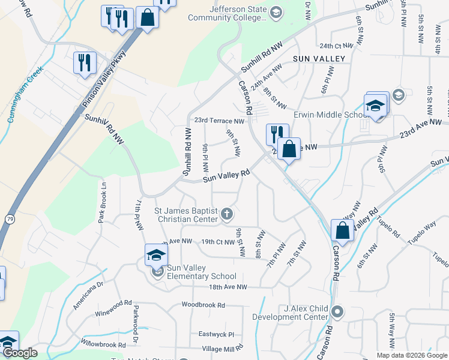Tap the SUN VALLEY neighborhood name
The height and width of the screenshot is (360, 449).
pyautogui.click(x=319, y=59)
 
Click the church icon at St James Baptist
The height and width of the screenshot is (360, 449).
pyautogui.click(x=227, y=214)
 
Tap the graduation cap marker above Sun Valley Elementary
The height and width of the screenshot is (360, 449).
pyautogui.click(x=156, y=254)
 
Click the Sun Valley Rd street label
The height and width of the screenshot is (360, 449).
pyautogui.click(x=226, y=175)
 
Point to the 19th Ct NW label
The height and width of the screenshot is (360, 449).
pyautogui.click(x=217, y=241)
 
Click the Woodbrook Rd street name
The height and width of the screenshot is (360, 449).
pyautogui.click(x=203, y=305)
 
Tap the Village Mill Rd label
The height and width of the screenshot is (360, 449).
pyautogui.click(x=222, y=348)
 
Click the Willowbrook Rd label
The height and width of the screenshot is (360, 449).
pyautogui.click(x=101, y=345)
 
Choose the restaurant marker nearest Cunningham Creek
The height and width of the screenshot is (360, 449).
pyautogui.click(x=84, y=61)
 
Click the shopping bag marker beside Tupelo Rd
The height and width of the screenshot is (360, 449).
pyautogui.click(x=342, y=230)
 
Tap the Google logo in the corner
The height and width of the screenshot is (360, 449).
pyautogui.click(x=20, y=353)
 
